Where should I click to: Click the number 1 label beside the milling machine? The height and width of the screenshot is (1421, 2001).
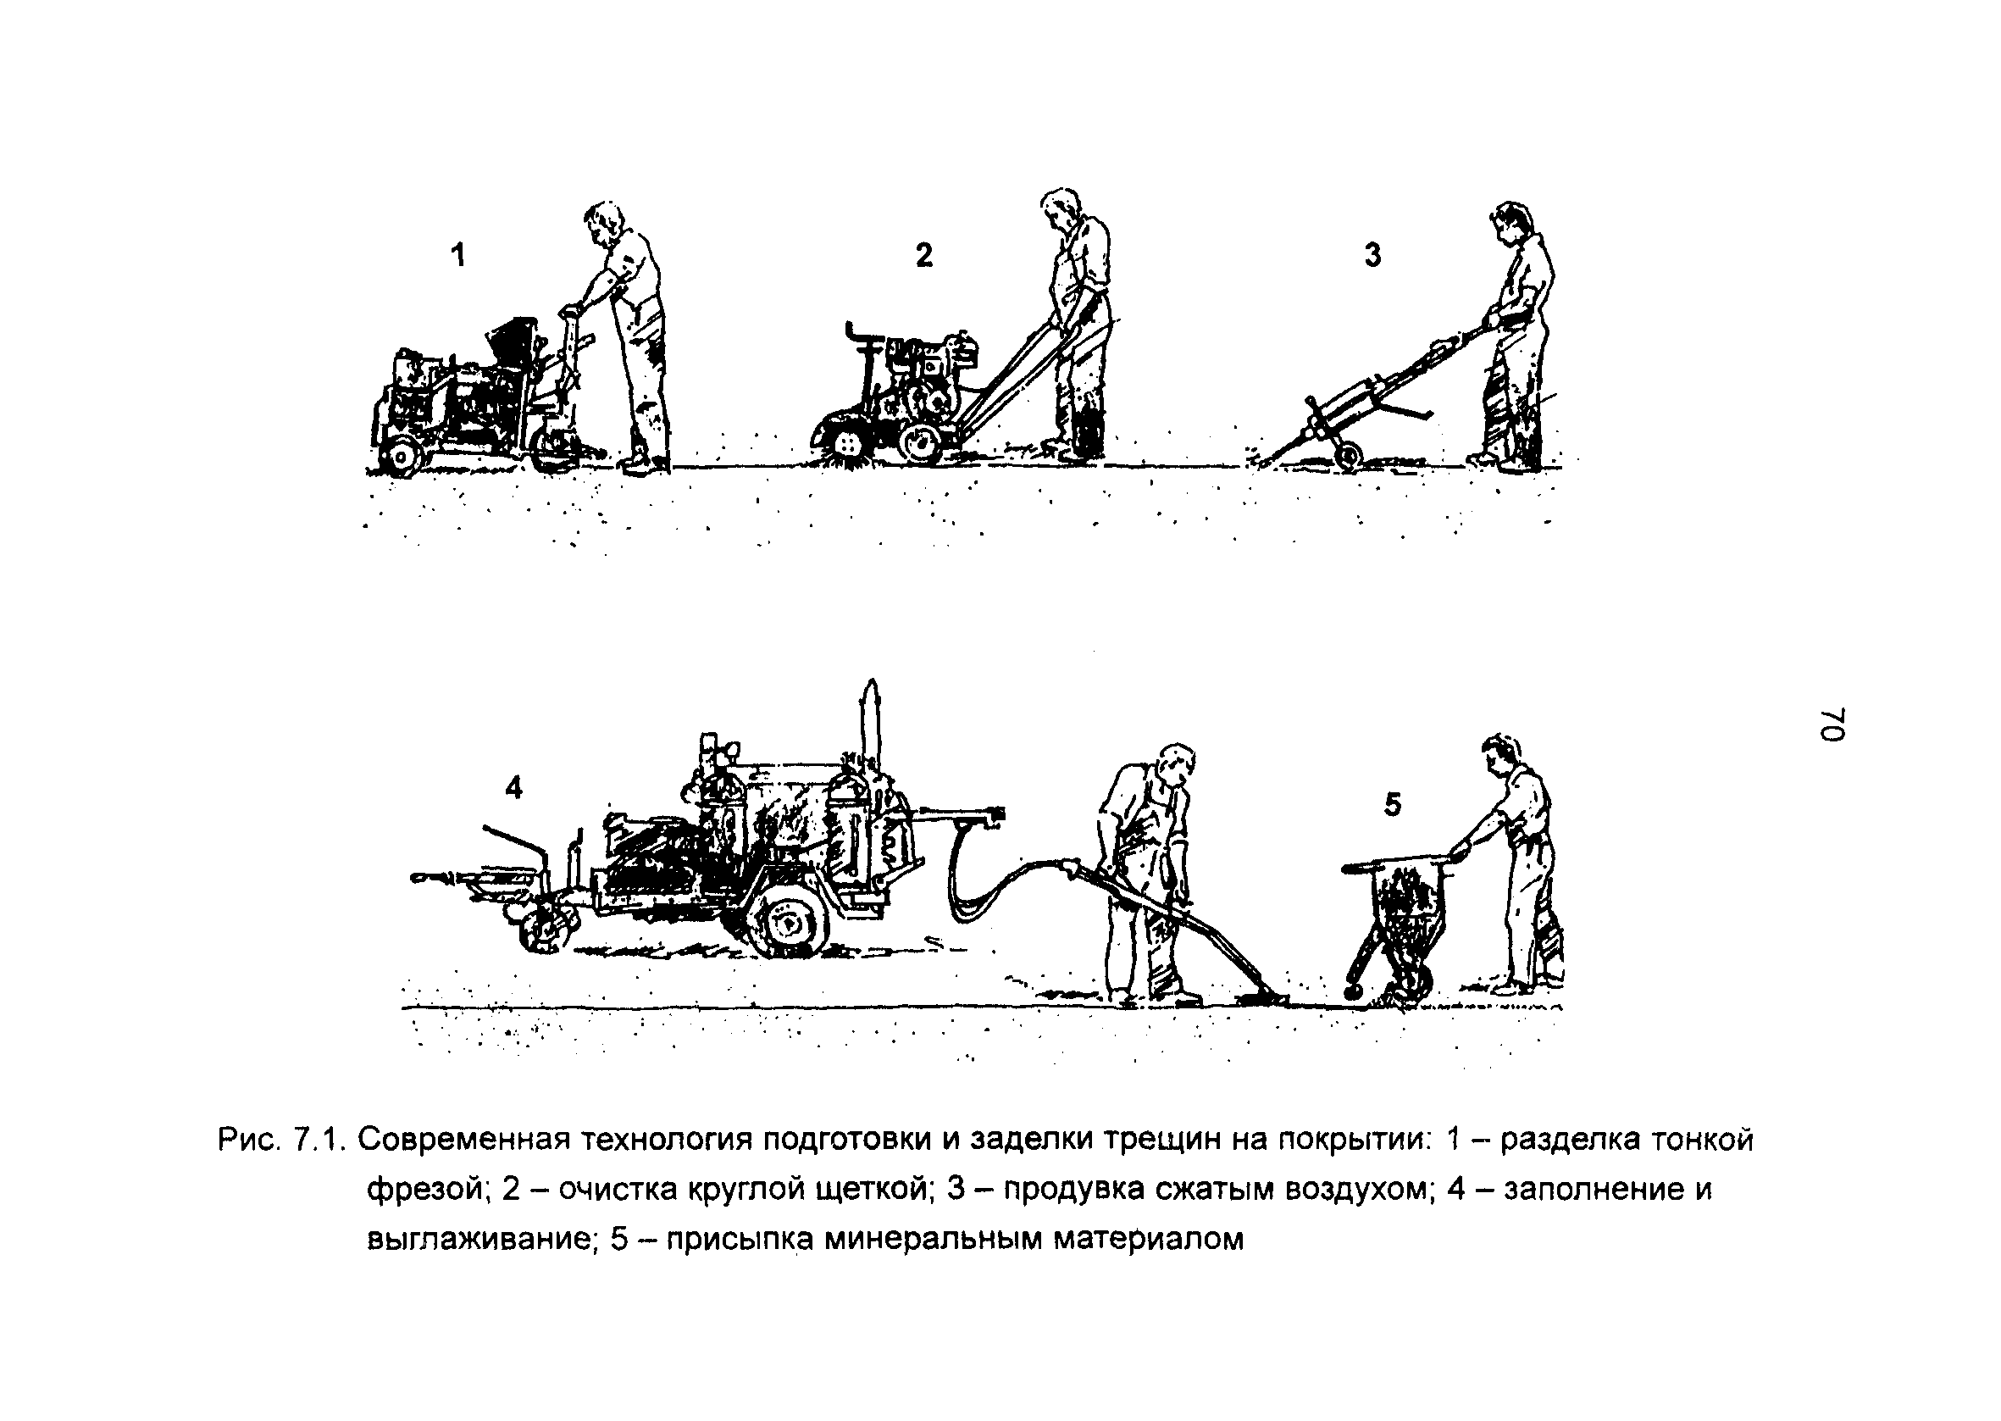click(457, 256)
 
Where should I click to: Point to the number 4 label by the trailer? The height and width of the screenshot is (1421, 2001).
click(514, 788)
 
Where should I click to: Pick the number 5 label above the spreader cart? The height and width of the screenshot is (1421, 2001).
click(1392, 803)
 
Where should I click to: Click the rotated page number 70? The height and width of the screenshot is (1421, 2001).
click(1832, 724)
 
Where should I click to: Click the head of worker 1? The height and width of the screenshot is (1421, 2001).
click(603, 224)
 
